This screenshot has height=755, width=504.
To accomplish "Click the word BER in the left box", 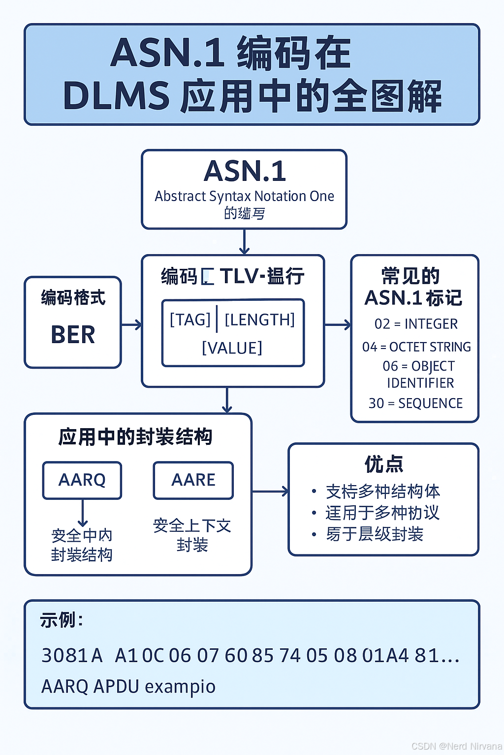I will [x=73, y=335].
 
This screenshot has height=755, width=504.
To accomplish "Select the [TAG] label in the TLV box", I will [x=190, y=320].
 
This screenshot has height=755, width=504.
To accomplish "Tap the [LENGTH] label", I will [x=259, y=320].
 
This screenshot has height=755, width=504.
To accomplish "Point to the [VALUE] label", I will [x=232, y=348].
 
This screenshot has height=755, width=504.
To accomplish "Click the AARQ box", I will [x=82, y=480].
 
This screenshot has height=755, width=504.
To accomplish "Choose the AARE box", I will [x=193, y=480].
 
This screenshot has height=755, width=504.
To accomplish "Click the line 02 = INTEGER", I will [x=416, y=324].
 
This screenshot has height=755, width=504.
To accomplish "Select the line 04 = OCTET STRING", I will [x=416, y=347].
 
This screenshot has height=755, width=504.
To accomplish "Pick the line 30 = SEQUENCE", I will [x=415, y=404].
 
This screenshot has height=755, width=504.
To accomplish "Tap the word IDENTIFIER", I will [x=420, y=383].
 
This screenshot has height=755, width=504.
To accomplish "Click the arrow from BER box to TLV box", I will [x=131, y=324].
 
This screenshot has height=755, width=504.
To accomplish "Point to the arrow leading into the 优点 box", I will [x=270, y=491].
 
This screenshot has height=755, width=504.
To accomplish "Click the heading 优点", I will [x=384, y=464].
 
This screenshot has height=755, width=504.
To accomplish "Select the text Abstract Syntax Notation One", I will [x=244, y=196].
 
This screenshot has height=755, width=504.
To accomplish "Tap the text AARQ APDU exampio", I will [x=128, y=687].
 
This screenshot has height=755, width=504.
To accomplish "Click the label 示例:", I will [x=62, y=620].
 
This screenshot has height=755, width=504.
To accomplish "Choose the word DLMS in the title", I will [x=116, y=96].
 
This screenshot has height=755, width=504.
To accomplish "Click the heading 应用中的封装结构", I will [x=135, y=437].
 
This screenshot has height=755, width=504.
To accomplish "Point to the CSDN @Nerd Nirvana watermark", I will [x=457, y=746].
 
